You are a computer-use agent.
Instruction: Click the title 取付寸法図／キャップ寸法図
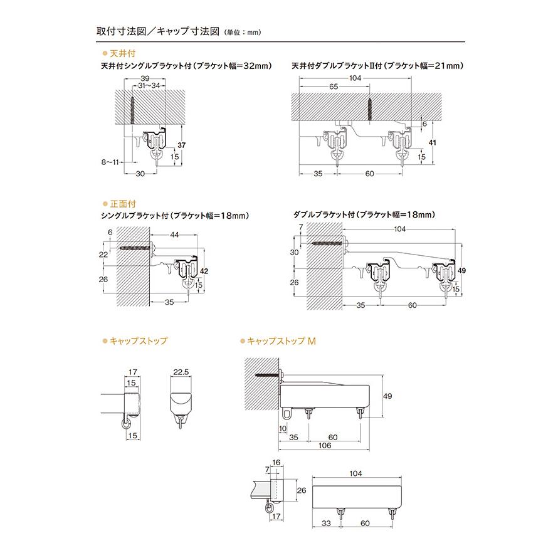[158, 31]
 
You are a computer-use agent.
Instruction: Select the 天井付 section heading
[123, 55]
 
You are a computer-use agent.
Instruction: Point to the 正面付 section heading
[123, 204]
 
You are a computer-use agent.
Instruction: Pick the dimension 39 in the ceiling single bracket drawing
[145, 78]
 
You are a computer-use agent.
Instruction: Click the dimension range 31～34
[149, 85]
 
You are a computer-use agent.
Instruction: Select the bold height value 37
[182, 145]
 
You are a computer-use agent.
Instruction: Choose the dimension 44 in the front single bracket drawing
[174, 234]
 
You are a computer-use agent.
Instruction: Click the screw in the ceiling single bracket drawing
[134, 110]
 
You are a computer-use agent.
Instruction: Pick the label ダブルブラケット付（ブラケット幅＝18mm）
[364, 215]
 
